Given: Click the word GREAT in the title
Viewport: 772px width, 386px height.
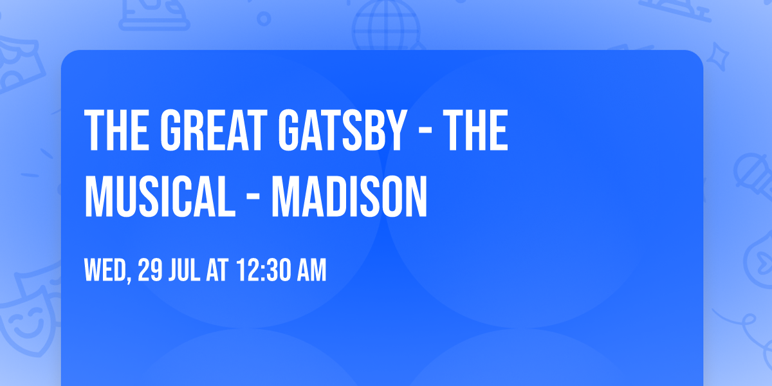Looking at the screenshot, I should click(x=212, y=131).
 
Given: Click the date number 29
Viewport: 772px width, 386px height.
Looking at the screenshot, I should click(x=149, y=271).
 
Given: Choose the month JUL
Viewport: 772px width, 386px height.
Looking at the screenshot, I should click(x=185, y=271).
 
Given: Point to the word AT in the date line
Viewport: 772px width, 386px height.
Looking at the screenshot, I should click(x=217, y=271).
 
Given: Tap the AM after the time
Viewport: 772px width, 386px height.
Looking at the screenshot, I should click(x=311, y=271).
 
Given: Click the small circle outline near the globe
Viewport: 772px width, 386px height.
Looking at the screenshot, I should click(x=263, y=18).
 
